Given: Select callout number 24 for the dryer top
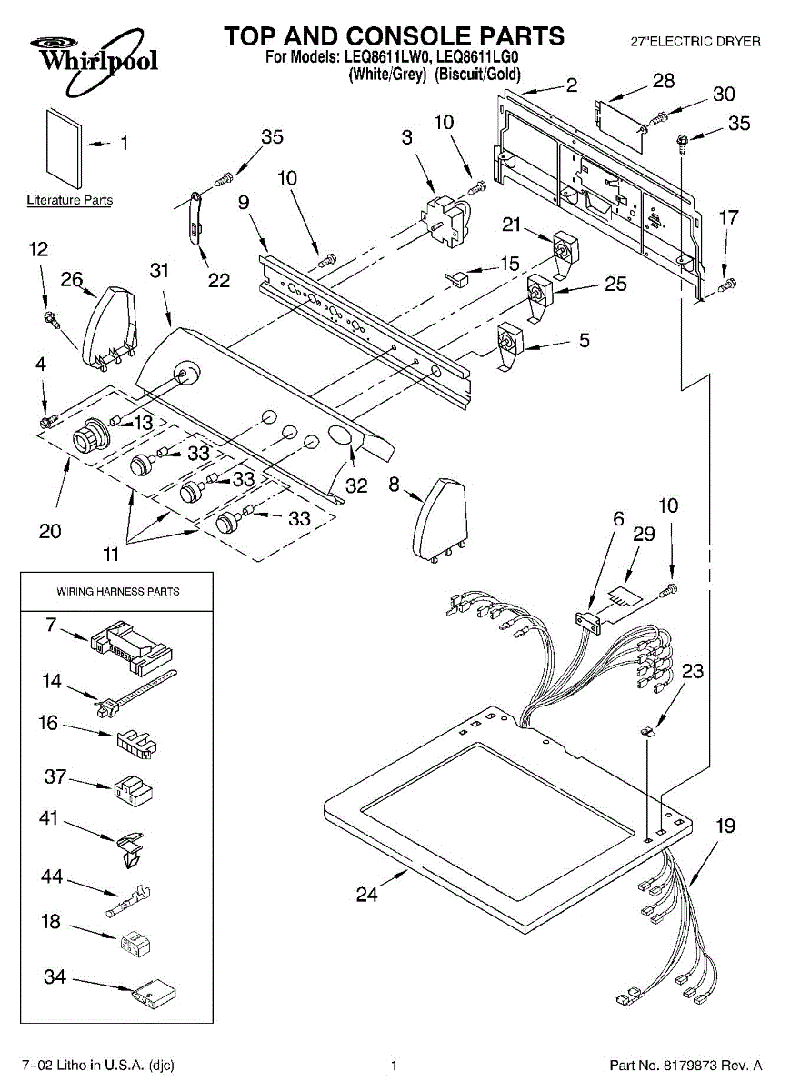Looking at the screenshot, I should point(365,895).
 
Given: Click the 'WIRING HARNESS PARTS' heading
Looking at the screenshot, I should point(118,591).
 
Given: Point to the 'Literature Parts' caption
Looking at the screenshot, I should point(70,200).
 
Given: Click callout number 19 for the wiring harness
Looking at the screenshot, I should point(725,826).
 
